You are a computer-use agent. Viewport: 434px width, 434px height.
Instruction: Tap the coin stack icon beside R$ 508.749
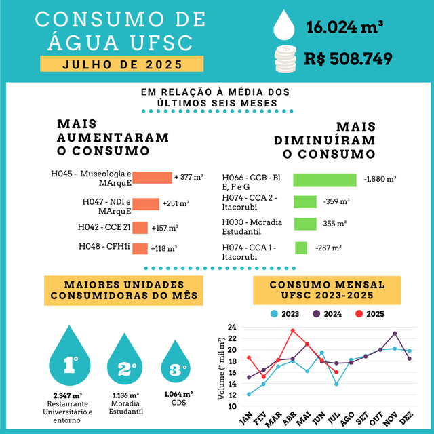285,58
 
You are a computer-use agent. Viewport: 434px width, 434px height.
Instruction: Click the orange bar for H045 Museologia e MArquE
152,178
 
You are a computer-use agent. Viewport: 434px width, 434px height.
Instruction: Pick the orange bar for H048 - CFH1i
140,248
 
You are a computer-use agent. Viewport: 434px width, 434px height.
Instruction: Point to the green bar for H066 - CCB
324,180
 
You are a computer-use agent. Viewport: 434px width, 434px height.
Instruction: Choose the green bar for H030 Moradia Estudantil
304,224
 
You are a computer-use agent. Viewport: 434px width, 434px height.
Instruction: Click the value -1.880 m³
380,180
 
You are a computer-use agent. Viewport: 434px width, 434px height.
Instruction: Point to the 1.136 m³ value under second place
125,395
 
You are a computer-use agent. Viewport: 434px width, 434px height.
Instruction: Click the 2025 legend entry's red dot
359,313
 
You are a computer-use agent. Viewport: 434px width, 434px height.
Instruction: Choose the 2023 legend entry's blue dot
275,313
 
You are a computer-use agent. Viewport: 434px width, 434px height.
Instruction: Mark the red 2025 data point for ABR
292,331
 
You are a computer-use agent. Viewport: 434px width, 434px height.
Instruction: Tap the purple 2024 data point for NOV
395,334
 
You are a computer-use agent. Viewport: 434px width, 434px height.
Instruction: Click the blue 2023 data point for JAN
249,394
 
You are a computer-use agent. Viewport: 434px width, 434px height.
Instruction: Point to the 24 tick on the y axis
232,328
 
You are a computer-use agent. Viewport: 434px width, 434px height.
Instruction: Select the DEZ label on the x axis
406,420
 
